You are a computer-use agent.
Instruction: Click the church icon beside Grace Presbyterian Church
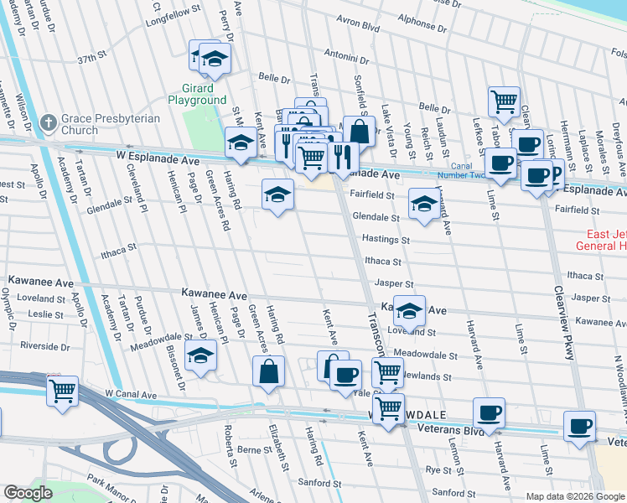pyautogui.click(x=49, y=122)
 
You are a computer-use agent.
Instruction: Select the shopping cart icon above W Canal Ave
pyautogui.click(x=63, y=391)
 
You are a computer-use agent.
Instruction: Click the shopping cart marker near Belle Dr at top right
pyautogui.click(x=504, y=101)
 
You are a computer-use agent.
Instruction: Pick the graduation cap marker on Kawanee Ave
pyautogui.click(x=408, y=311)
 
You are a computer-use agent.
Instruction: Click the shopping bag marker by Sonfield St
pyautogui.click(x=360, y=132)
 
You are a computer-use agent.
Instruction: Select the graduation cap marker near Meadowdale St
pyautogui.click(x=200, y=357)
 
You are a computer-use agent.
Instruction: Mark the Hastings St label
pyautogui.click(x=386, y=239)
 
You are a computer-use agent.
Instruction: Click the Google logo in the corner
pyautogui.click(x=28, y=492)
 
